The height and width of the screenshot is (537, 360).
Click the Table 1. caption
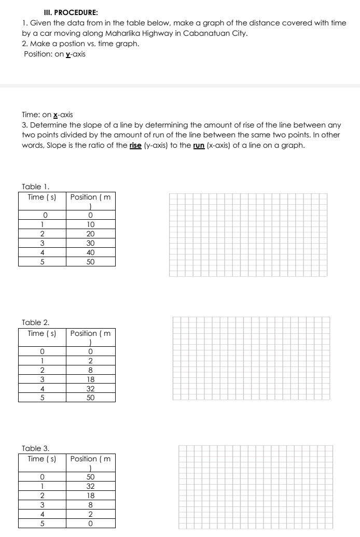click(x=35, y=186)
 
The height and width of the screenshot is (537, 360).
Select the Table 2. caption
click(x=35, y=322)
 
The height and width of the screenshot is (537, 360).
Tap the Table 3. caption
click(x=35, y=448)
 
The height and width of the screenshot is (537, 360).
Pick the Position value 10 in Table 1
click(x=90, y=224)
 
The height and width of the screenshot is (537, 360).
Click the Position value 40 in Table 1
click(x=90, y=252)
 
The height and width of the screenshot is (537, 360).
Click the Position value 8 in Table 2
click(x=90, y=370)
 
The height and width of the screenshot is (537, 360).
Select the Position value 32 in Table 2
click(x=90, y=389)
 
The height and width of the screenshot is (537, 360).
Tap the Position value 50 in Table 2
click(x=90, y=398)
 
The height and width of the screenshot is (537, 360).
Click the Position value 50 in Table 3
click(x=90, y=477)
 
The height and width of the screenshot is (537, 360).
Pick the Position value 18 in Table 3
click(x=90, y=496)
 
